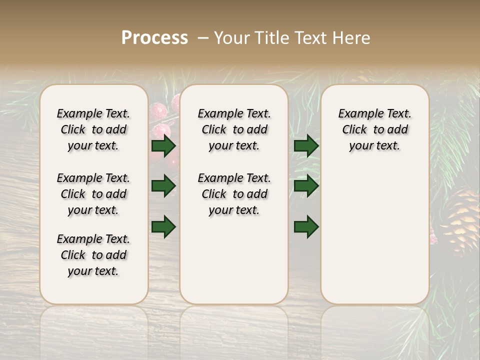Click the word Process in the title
(x=154, y=38)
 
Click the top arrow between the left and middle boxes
(x=163, y=146)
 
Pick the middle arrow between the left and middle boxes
(x=163, y=186)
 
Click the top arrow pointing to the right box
(x=306, y=146)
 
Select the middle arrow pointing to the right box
(x=306, y=186)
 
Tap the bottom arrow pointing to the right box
(x=306, y=226)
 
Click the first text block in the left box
(x=93, y=129)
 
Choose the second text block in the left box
(x=93, y=194)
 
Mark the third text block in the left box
(x=93, y=255)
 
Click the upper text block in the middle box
(x=234, y=129)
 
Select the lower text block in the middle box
(x=234, y=194)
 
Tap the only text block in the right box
(x=374, y=129)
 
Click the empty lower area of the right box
(x=374, y=235)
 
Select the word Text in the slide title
(x=308, y=38)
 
